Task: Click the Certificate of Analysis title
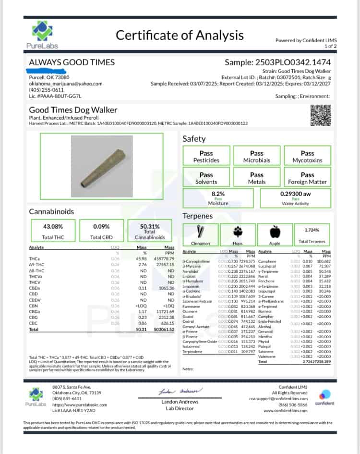coord(180,35)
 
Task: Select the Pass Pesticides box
coord(206,157)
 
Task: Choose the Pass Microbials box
coord(257,157)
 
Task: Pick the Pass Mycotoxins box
coord(307,157)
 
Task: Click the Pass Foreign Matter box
coord(307,178)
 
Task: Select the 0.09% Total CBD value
coord(101,226)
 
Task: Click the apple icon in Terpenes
coord(275,233)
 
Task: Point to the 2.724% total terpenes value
coord(313,231)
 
